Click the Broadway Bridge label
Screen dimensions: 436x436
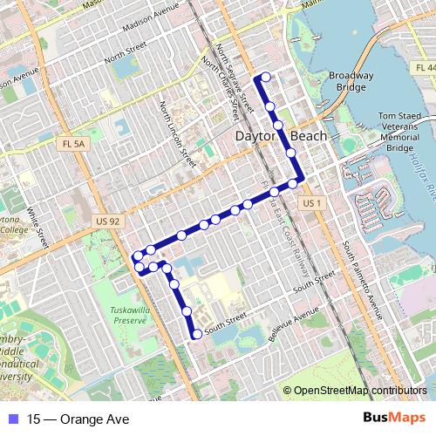coord(351,82)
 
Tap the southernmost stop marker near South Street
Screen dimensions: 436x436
coord(197,333)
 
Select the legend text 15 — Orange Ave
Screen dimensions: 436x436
coord(78,419)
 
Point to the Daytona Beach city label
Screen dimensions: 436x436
coord(282,137)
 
